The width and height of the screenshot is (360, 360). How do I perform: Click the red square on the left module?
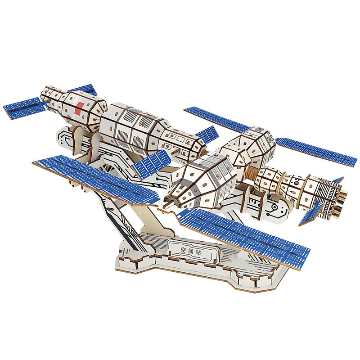(80, 108)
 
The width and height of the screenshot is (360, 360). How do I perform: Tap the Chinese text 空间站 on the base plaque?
(191, 252)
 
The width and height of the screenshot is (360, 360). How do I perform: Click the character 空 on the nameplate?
(184, 250)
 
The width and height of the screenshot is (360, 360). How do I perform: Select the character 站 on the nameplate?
(198, 253)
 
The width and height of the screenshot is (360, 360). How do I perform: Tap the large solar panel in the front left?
(96, 179)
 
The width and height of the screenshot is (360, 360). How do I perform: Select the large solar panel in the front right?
(243, 239)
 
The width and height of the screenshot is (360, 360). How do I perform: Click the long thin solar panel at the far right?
(316, 152)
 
